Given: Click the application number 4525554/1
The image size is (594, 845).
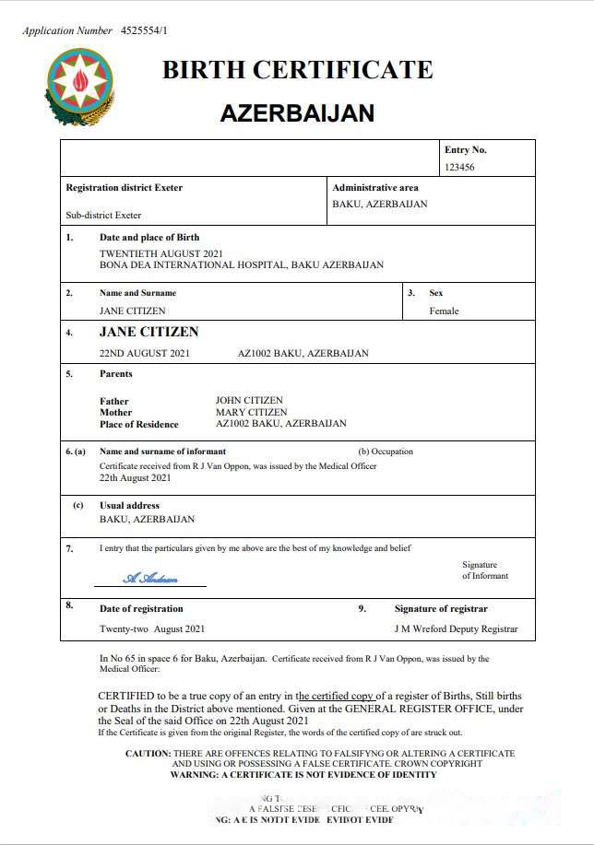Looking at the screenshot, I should (145, 30).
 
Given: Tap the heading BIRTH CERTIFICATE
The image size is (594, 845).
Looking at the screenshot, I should (297, 70).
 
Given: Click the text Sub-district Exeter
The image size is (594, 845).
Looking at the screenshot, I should (103, 215).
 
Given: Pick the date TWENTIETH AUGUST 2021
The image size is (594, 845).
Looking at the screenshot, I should (160, 253).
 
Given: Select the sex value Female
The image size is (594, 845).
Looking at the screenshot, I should (444, 311).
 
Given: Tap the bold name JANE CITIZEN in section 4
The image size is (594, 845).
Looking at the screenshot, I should (148, 332).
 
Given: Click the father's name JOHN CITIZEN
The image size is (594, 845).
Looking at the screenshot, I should (250, 401).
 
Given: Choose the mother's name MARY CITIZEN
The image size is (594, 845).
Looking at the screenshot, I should (251, 412).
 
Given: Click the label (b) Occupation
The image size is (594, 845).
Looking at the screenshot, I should (386, 452).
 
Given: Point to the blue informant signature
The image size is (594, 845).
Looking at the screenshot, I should (150, 578).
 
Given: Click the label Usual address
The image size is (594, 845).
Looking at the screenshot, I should (129, 506).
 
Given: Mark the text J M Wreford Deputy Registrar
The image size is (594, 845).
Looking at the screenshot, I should (455, 629).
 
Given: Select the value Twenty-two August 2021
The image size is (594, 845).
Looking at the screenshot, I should (152, 629).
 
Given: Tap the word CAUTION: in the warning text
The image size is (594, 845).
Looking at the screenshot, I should (148, 754).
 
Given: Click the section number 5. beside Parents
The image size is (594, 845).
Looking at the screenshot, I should (69, 374).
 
